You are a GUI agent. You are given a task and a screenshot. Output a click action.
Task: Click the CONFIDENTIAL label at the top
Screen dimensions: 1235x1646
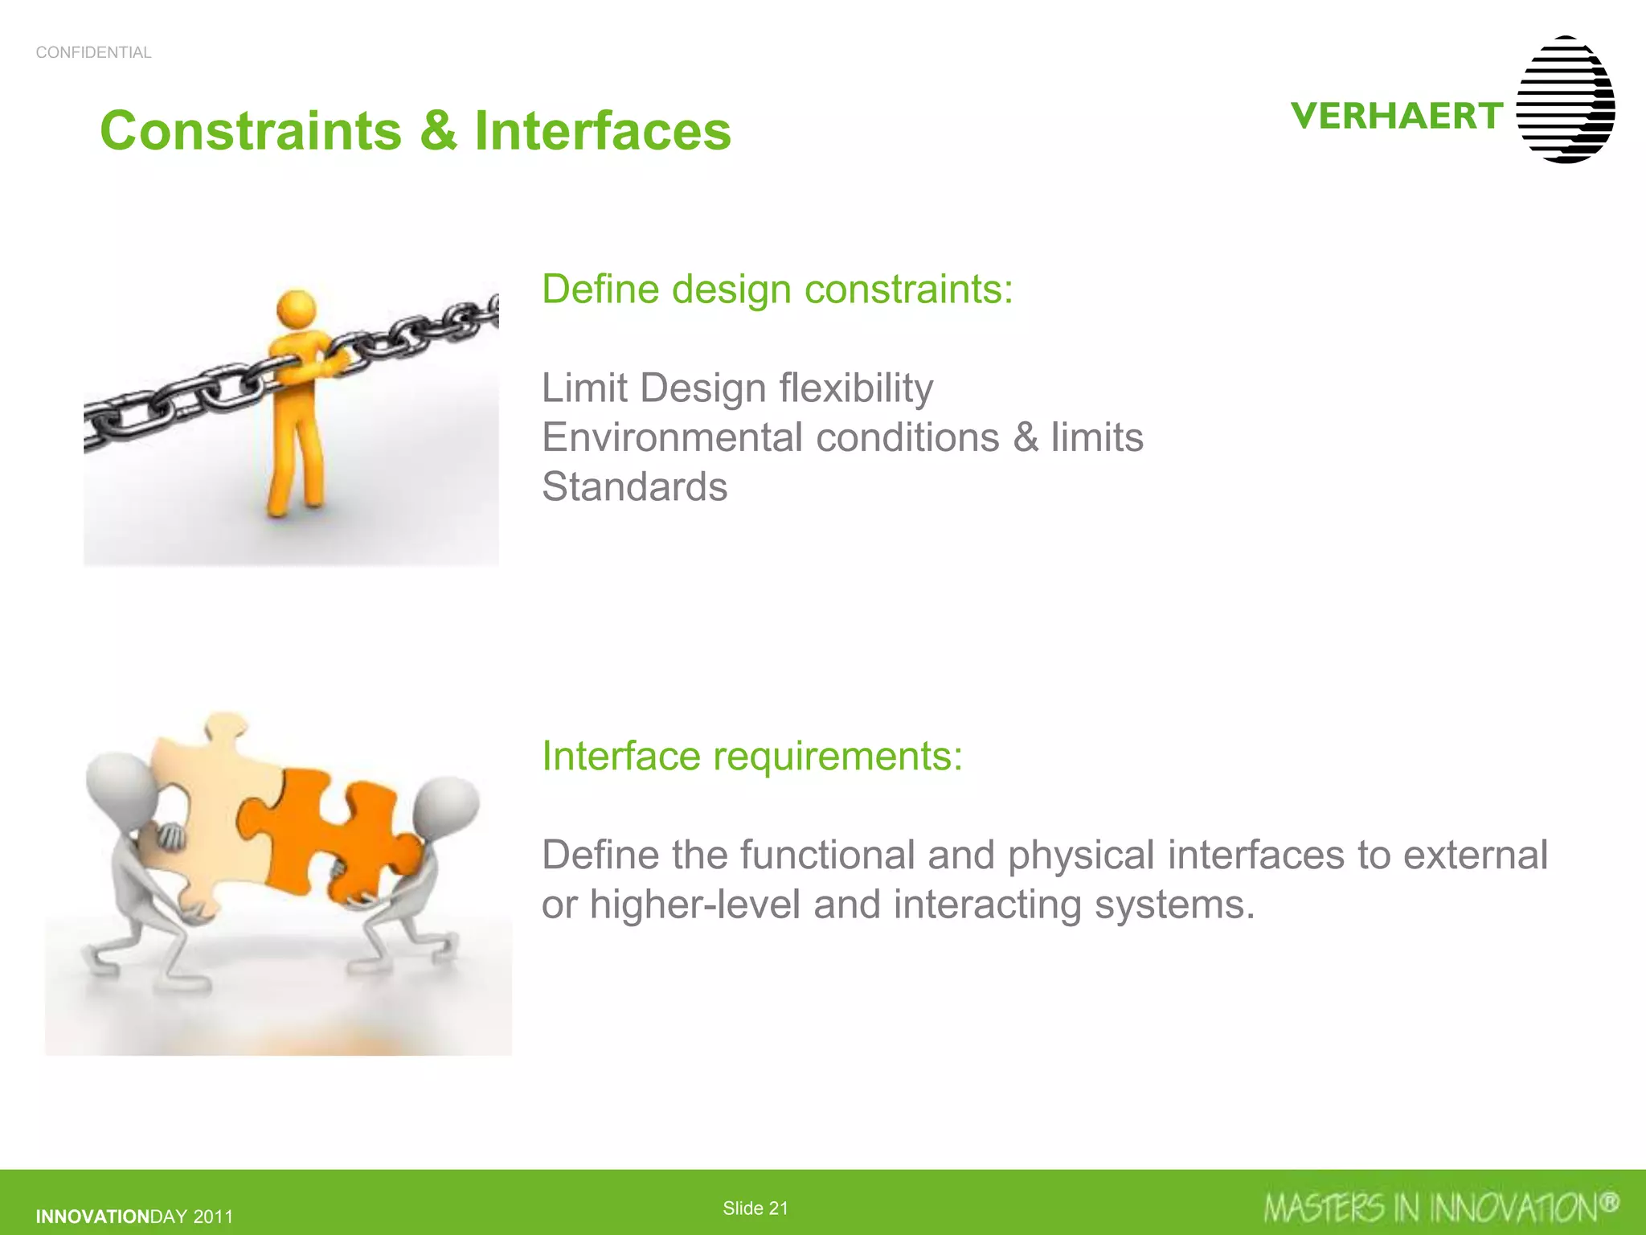pos(93,53)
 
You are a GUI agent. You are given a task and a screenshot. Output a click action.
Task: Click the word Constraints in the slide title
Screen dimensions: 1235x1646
pos(250,131)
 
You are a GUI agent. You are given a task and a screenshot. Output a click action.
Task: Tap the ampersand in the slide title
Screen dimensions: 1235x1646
pos(438,131)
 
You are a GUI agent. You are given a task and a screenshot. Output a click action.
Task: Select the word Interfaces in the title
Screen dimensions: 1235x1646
pos(603,131)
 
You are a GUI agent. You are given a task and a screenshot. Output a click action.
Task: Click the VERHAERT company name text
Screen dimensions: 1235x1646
pos(1396,117)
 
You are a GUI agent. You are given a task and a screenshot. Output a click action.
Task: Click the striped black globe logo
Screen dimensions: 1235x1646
pos(1565,100)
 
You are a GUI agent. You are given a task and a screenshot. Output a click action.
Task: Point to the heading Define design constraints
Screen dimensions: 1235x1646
pos(777,289)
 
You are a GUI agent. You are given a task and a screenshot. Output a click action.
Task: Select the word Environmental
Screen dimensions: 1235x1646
pos(672,438)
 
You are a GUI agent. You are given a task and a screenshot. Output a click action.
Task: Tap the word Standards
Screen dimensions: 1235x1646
pos(634,487)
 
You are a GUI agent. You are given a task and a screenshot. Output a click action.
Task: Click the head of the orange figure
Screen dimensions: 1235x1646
pos(296,310)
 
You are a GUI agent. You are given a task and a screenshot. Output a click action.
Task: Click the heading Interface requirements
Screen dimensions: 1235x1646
pos(751,757)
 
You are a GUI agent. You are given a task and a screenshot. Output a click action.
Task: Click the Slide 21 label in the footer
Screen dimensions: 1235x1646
pos(755,1208)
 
